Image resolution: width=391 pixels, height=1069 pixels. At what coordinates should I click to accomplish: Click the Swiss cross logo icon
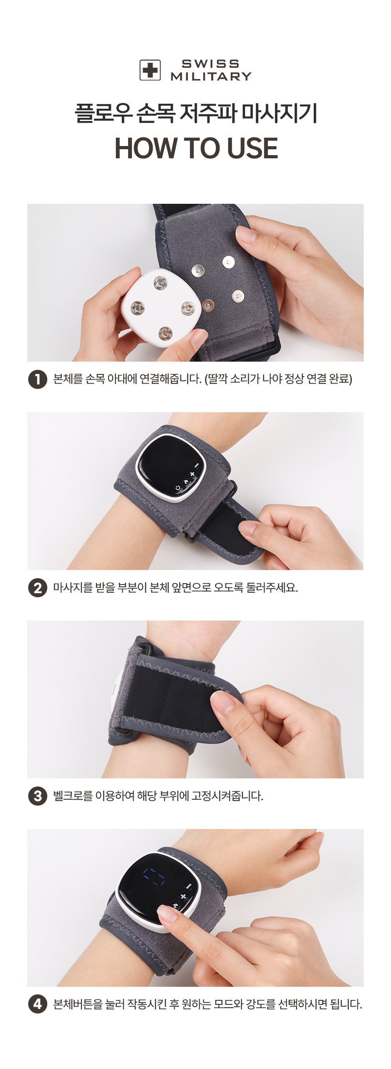click(150, 70)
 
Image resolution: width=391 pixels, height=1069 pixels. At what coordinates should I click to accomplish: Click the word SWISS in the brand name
click(211, 64)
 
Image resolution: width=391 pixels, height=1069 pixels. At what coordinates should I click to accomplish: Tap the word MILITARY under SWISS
click(211, 76)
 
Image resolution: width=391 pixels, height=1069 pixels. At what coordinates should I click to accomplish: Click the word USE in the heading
click(252, 148)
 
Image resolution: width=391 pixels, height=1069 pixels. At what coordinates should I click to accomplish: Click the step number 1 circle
click(38, 379)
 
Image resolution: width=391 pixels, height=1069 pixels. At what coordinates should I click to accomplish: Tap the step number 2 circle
click(38, 588)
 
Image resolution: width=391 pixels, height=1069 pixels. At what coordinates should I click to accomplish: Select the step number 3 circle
click(38, 796)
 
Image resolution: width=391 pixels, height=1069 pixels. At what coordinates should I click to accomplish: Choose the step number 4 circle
click(38, 1004)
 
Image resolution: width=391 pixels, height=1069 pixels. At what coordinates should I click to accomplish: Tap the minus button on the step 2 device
click(196, 466)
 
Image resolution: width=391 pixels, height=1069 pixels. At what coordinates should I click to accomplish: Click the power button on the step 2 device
click(177, 488)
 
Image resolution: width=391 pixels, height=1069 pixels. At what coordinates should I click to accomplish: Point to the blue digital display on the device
click(154, 876)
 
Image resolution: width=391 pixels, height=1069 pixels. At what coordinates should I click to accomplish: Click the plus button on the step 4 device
click(183, 897)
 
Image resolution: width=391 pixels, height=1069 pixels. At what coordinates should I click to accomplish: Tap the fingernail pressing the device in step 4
click(165, 911)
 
